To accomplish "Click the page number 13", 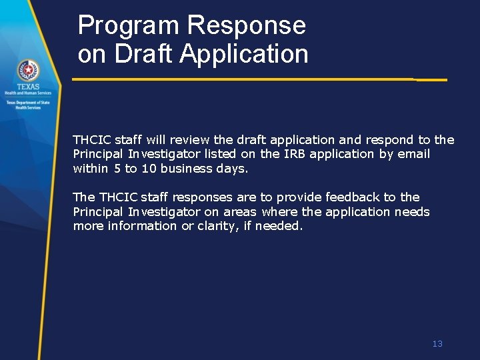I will click(x=437, y=344).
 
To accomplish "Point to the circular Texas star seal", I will click(x=28, y=70).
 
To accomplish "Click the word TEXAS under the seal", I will click(x=28, y=87).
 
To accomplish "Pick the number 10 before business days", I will click(x=148, y=169).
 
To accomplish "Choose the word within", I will click(x=90, y=169).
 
